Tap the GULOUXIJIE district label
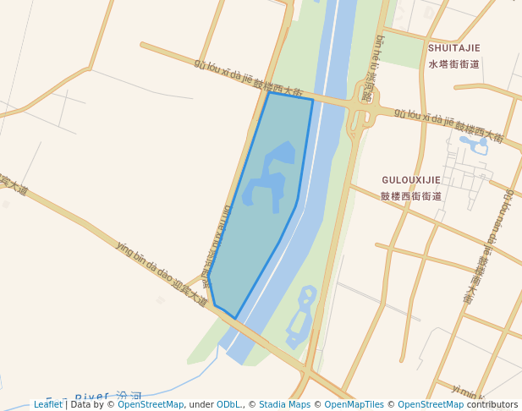(x=411, y=180)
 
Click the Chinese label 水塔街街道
(x=453, y=63)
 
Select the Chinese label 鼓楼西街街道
(x=411, y=196)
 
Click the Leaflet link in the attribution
(x=47, y=404)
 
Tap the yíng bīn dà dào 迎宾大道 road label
(x=161, y=273)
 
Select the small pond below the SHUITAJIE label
(x=478, y=145)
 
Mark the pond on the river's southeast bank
(x=301, y=319)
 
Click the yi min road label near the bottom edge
(x=466, y=392)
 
